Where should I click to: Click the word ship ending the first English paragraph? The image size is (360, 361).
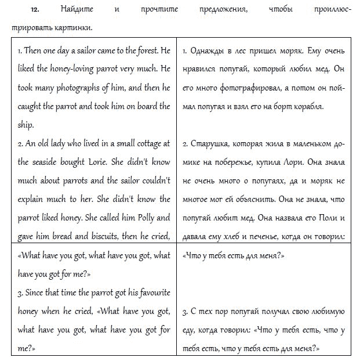click(x=26, y=124)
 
